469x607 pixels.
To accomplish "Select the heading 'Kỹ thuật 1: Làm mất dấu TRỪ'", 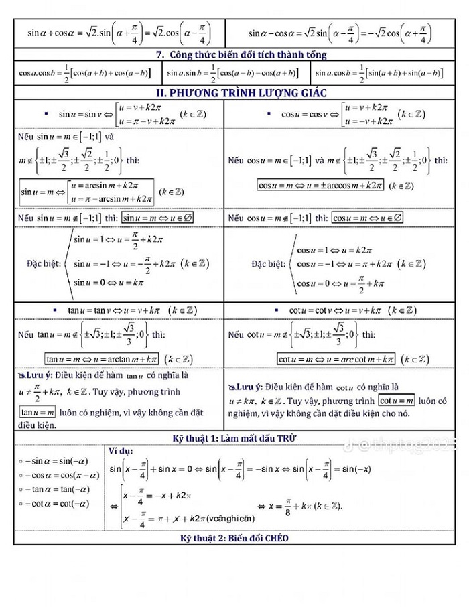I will tap(234, 438).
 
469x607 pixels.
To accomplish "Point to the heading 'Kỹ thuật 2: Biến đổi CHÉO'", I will tap(234, 538).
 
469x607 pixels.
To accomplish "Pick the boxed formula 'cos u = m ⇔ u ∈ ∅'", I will tap(368, 218).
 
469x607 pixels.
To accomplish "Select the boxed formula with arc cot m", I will tap(334, 358).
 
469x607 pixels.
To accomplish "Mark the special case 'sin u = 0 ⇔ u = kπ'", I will tap(109, 283).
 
